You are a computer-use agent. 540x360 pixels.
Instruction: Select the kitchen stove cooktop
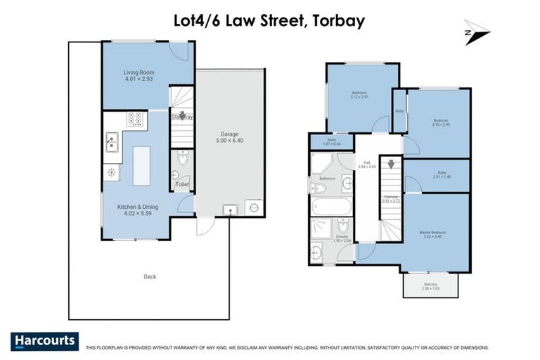tap(134, 119)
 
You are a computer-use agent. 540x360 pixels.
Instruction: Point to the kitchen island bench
tap(141, 165)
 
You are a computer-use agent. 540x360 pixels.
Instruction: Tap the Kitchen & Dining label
tap(138, 207)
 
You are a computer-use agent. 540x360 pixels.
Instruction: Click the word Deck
tap(150, 276)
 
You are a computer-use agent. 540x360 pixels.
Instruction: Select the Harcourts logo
tap(45, 341)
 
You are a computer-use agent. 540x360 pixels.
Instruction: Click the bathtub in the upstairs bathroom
tap(332, 207)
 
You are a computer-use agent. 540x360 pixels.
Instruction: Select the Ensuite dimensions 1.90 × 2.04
tap(342, 240)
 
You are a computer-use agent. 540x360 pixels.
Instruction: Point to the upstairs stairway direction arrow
tap(391, 165)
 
